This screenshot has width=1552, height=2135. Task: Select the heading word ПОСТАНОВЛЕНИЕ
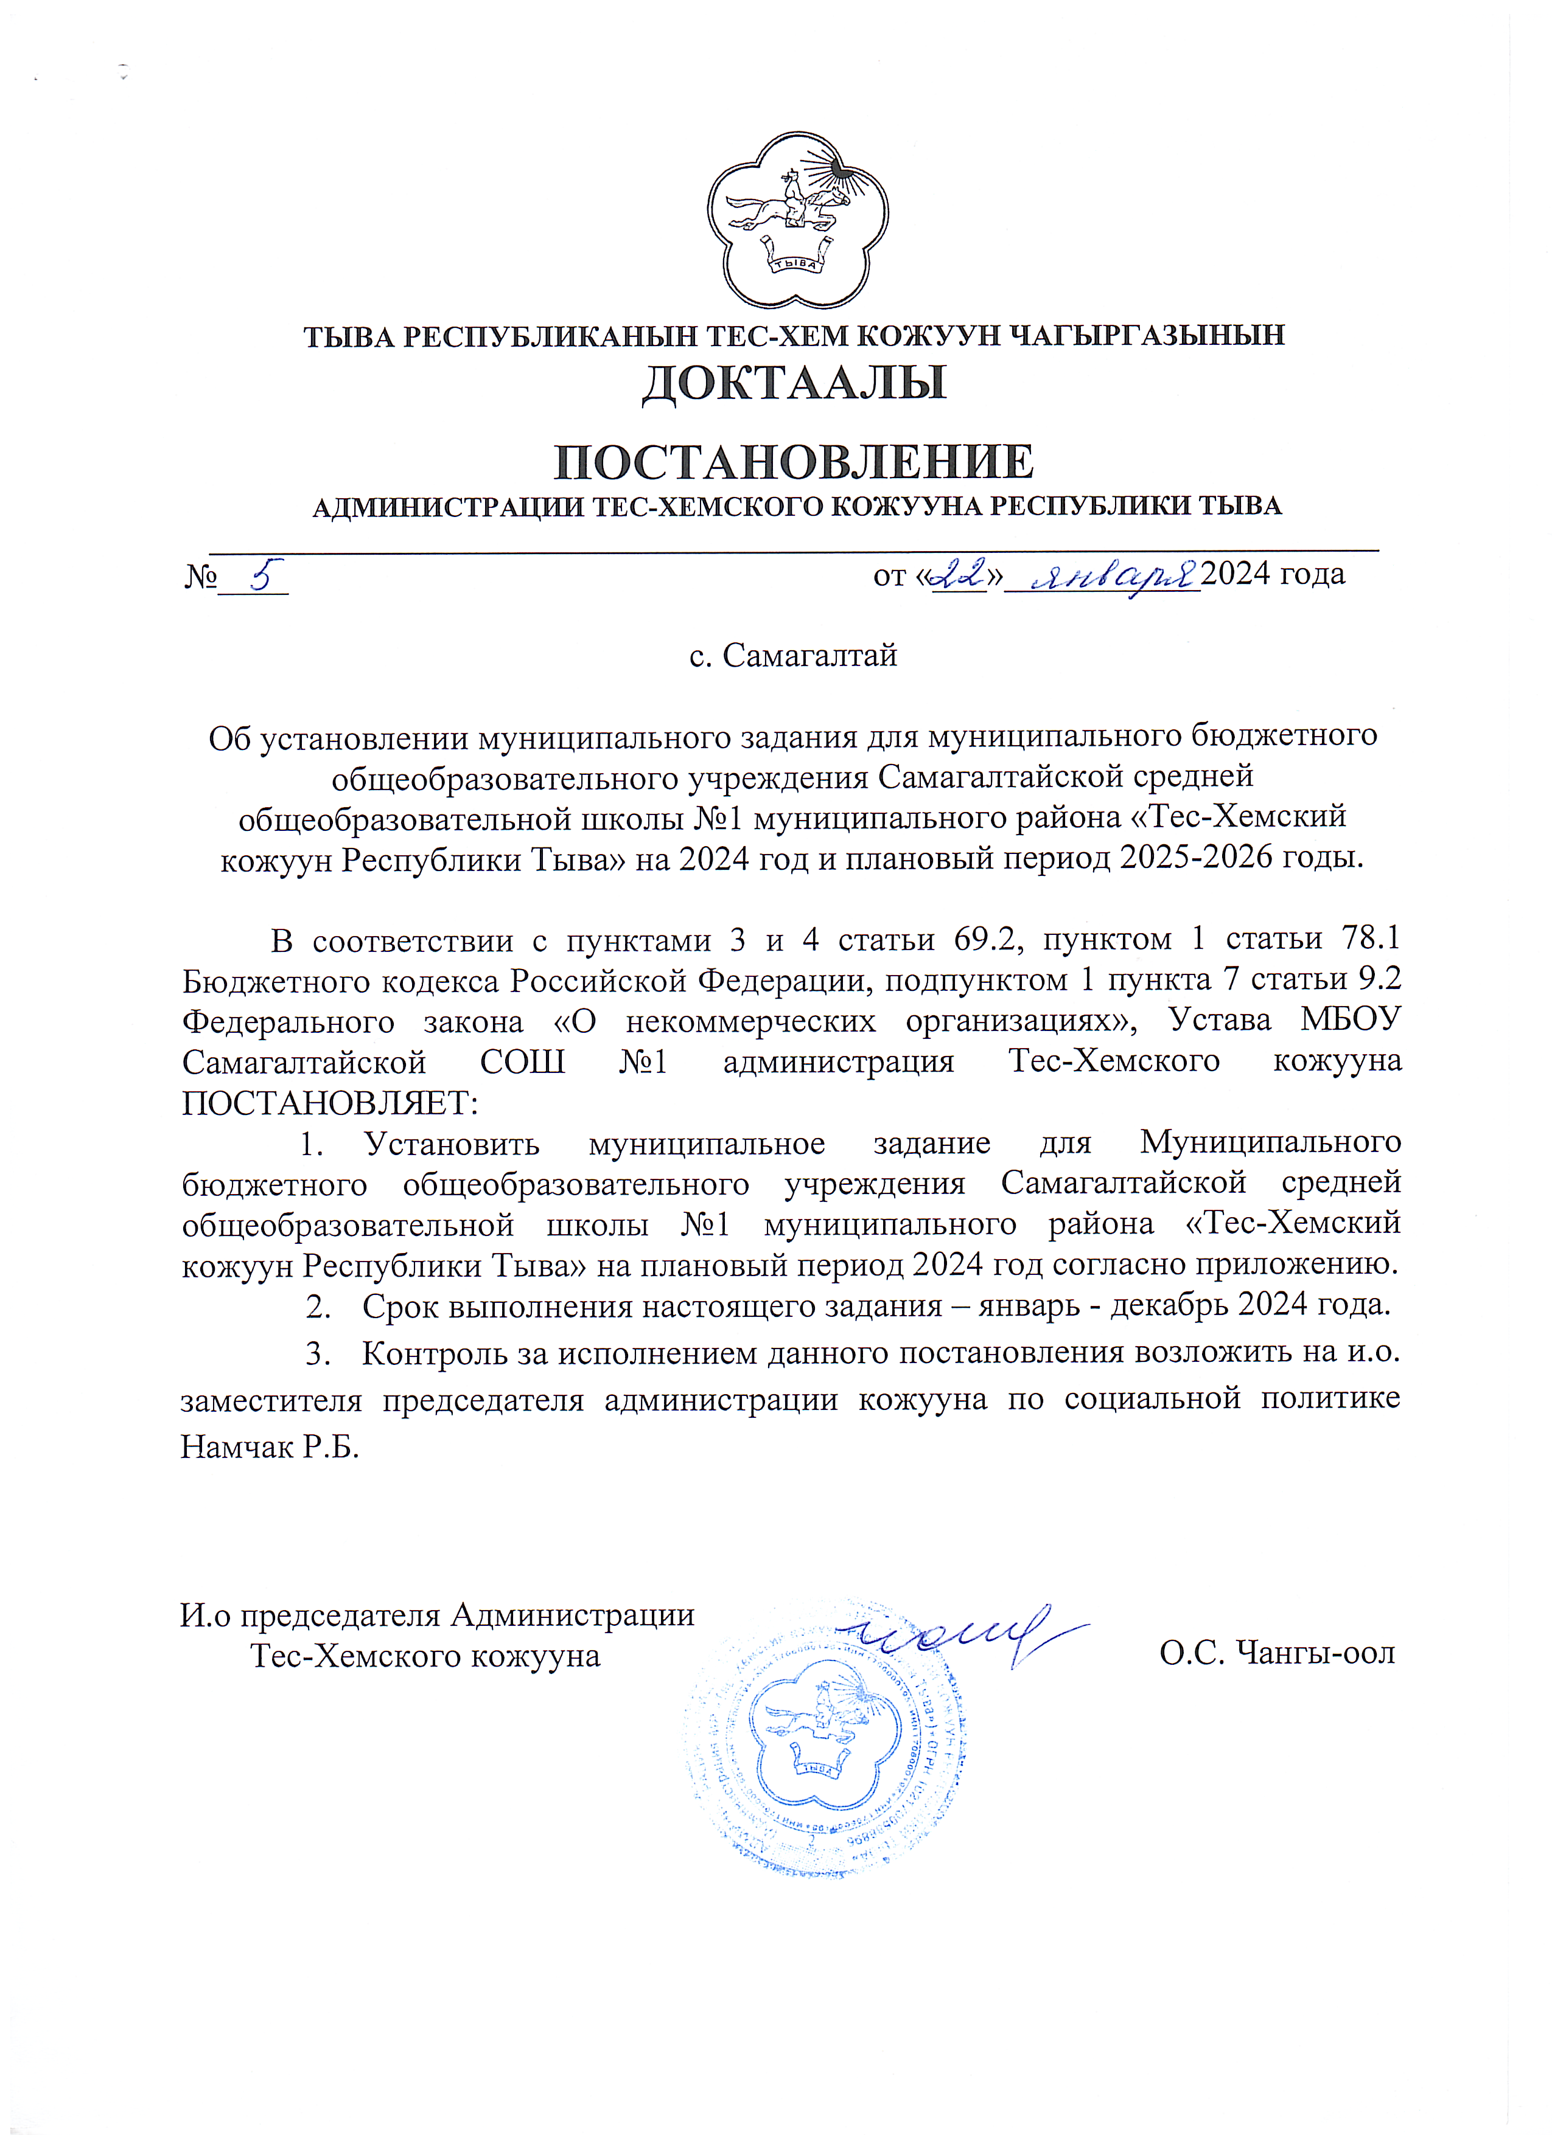[793, 461]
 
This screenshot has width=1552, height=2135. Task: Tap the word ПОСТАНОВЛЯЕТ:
[330, 1102]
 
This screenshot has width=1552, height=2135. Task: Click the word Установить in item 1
[452, 1143]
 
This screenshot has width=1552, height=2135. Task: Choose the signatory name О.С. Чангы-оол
[1277, 1653]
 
